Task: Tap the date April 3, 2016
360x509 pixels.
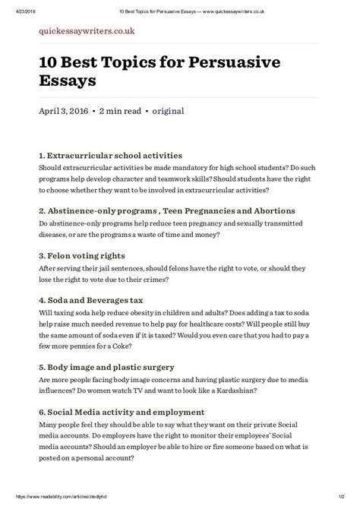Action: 63,110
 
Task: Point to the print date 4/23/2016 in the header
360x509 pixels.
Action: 17,6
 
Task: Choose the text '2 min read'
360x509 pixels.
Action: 121,110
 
